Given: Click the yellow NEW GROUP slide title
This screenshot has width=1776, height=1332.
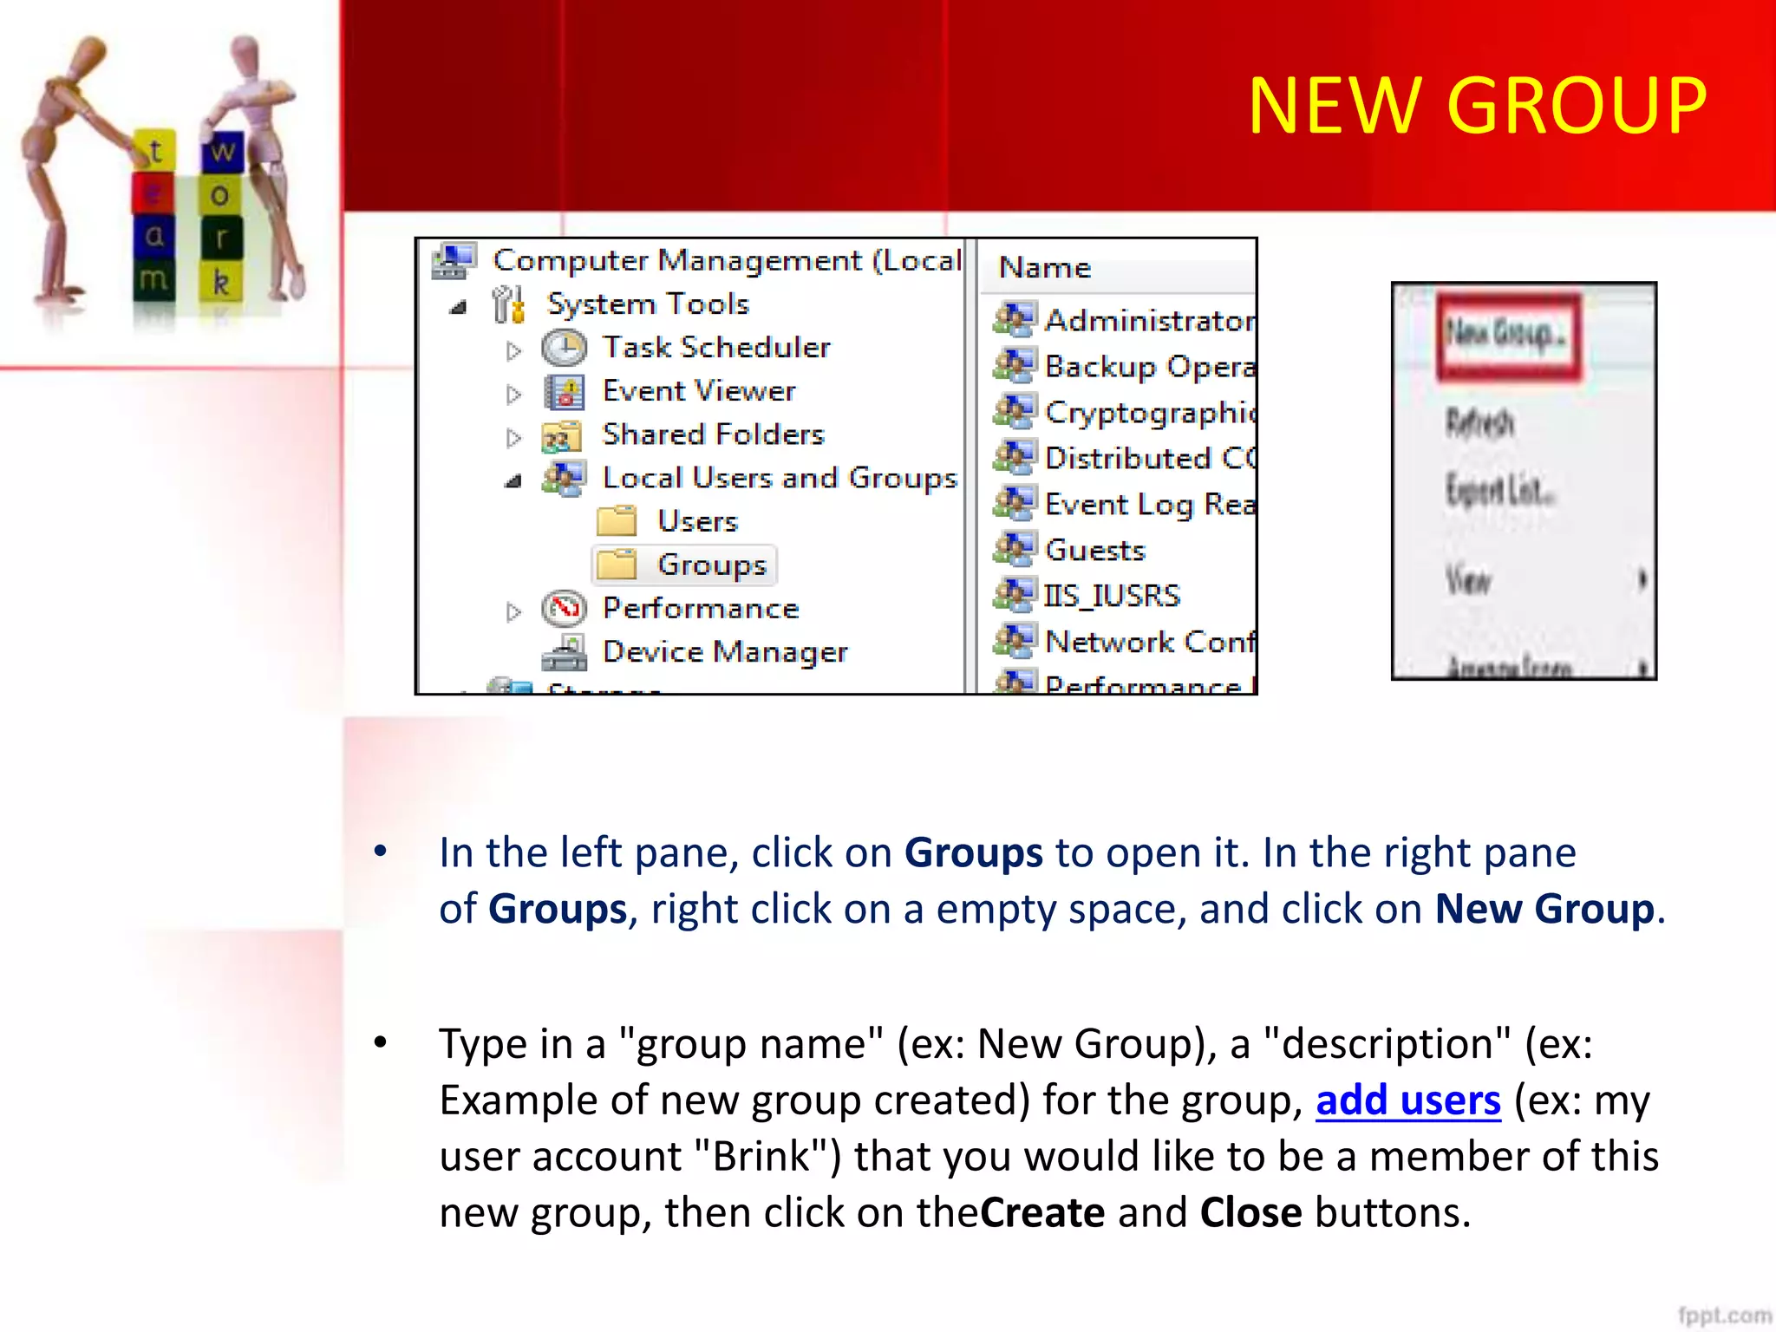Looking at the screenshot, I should (x=1477, y=106).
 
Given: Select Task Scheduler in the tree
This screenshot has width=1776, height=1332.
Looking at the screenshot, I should (x=715, y=348).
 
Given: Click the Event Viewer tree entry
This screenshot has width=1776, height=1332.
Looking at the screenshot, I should (x=698, y=391).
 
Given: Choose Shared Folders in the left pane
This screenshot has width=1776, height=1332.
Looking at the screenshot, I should (x=712, y=434).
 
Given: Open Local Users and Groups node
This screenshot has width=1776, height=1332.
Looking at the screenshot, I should (x=779, y=478).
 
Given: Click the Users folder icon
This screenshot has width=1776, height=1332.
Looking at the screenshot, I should (x=617, y=521).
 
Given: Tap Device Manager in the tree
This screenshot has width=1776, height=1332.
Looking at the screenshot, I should (x=724, y=652).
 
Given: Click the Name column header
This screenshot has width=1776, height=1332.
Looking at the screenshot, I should (x=1045, y=268).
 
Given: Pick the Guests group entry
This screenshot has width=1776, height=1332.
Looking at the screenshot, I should (x=1094, y=551).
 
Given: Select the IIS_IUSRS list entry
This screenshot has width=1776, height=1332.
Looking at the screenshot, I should (x=1112, y=597).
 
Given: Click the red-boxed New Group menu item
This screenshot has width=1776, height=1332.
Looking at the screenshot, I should (x=1507, y=335).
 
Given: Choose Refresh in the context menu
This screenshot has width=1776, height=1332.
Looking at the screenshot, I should (x=1479, y=423).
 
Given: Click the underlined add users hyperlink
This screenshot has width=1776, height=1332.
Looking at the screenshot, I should (x=1407, y=1100).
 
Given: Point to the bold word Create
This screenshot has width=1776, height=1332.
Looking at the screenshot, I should (x=1042, y=1213).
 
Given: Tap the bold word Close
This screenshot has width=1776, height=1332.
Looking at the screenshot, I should (x=1250, y=1213).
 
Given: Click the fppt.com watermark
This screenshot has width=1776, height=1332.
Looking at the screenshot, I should (x=1724, y=1316).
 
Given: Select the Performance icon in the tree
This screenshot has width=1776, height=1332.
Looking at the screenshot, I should (x=565, y=609).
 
